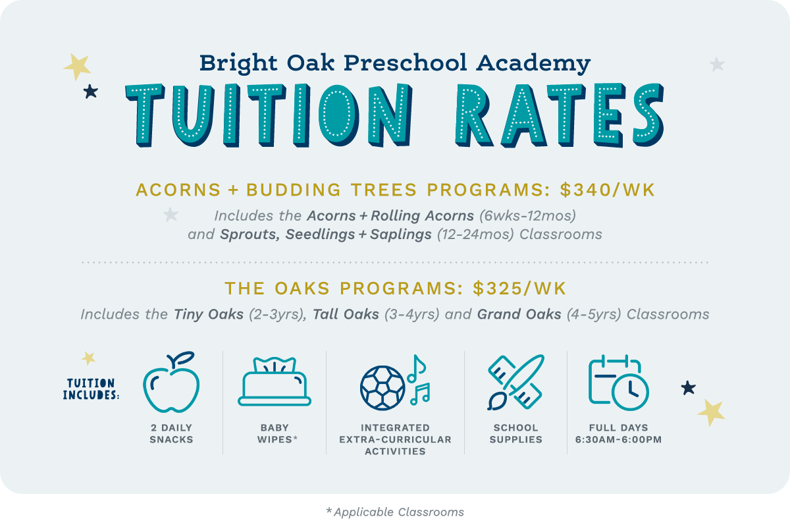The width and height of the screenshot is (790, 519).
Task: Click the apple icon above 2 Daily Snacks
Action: [x=171, y=383]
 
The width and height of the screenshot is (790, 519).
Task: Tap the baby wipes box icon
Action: [x=275, y=383]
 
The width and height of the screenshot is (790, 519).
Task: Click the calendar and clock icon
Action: [x=618, y=381]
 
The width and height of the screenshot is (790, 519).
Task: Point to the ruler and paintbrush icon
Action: [x=515, y=383]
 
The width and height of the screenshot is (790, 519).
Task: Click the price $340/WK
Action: [x=608, y=190]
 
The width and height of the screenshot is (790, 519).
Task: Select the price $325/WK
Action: [x=519, y=289]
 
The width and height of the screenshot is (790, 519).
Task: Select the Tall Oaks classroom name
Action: [x=346, y=314]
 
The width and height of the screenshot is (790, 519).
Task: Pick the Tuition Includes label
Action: [x=90, y=389]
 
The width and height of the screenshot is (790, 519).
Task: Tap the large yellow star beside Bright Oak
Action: [x=77, y=66]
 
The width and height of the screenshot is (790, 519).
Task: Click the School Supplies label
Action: [x=515, y=433]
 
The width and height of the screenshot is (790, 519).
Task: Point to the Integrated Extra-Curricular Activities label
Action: [x=395, y=439]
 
